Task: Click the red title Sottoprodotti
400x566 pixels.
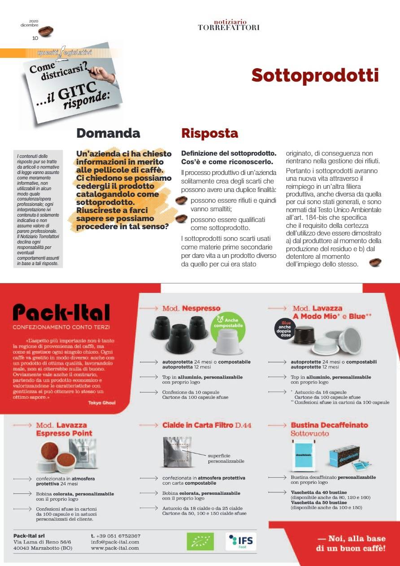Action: (315, 75)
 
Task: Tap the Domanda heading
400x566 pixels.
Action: (108, 133)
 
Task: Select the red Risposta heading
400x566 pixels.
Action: (209, 133)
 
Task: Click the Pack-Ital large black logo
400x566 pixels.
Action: (61, 313)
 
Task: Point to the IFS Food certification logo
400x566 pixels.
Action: (241, 541)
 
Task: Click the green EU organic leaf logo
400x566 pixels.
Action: (200, 541)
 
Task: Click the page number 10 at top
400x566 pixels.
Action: (35, 38)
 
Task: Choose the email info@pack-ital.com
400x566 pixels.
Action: (115, 542)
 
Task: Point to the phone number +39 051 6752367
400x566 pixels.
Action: (116, 536)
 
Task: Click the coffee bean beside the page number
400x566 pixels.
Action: (46, 31)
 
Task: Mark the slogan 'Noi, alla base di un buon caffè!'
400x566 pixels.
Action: (351, 544)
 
